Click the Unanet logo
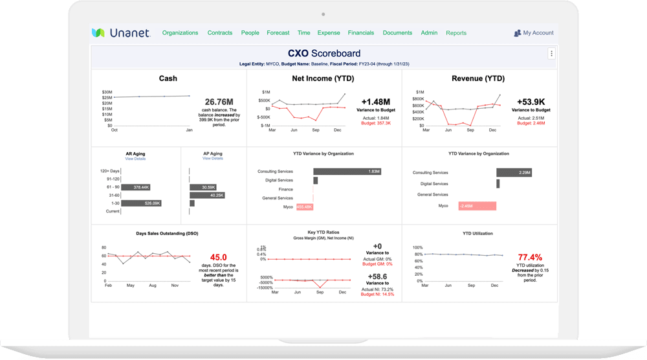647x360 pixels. tap(121, 33)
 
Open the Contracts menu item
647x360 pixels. tap(220, 33)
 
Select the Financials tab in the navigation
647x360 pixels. tap(361, 33)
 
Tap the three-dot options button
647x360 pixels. tap(551, 54)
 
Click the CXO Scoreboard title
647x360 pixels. tap(324, 53)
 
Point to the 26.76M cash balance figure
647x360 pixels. tap(219, 102)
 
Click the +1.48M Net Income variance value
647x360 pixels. tap(375, 102)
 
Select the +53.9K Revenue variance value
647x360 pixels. tap(531, 102)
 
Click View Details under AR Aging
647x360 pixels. tap(135, 159)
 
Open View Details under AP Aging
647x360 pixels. tap(212, 159)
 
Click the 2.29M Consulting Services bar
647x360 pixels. tap(515, 173)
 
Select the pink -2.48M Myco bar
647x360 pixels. tap(477, 206)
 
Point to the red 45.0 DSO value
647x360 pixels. tap(218, 256)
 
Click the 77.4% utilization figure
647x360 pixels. tap(531, 256)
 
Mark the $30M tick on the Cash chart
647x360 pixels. tap(107, 92)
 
